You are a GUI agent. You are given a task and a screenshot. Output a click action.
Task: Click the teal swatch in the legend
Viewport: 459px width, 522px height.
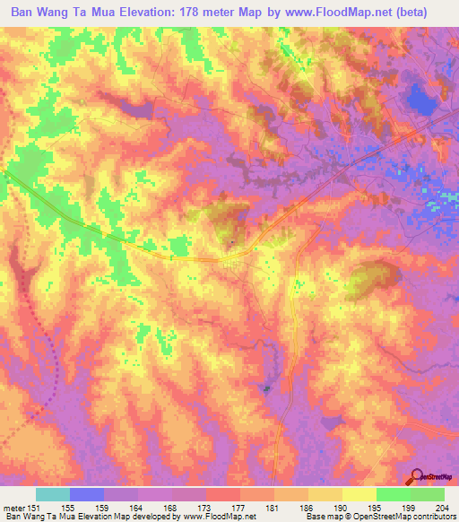tap(53, 494)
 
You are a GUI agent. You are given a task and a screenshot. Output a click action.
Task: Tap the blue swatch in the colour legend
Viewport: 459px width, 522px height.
tap(87, 494)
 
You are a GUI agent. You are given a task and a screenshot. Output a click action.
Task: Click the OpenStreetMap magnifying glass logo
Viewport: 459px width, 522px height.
tap(418, 474)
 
